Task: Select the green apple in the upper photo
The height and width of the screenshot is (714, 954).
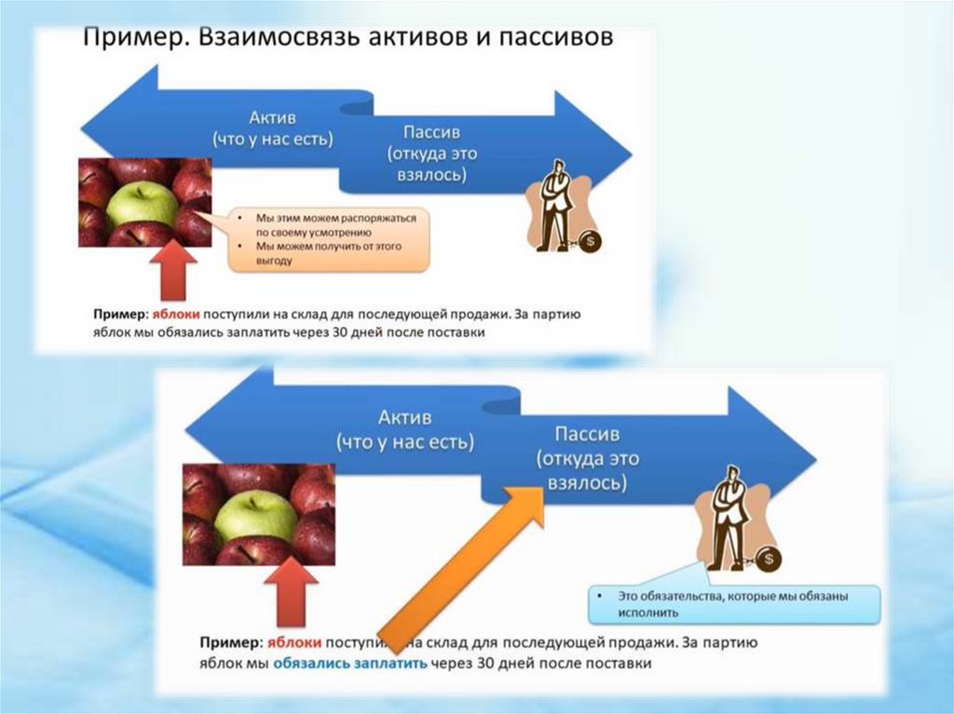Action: coord(141,205)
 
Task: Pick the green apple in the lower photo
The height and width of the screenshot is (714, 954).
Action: coord(254,515)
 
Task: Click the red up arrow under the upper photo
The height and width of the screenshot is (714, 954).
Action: coord(173,269)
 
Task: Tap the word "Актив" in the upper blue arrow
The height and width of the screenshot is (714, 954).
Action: coord(272,118)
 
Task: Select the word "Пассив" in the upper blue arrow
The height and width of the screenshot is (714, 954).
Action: coord(431,132)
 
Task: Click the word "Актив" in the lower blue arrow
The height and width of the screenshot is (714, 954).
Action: coord(404,416)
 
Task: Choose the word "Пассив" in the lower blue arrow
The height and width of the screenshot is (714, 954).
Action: coord(586,434)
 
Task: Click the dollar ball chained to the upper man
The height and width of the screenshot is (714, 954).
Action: coord(591,242)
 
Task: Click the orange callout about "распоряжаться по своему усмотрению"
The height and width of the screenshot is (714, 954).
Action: coord(330,239)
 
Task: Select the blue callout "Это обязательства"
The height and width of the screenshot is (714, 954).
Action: coord(733,603)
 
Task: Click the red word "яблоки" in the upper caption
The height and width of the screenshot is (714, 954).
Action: coord(178,315)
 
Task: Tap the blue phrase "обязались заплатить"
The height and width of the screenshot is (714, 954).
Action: coord(350,664)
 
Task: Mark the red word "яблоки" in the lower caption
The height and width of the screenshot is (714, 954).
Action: coord(294,642)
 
